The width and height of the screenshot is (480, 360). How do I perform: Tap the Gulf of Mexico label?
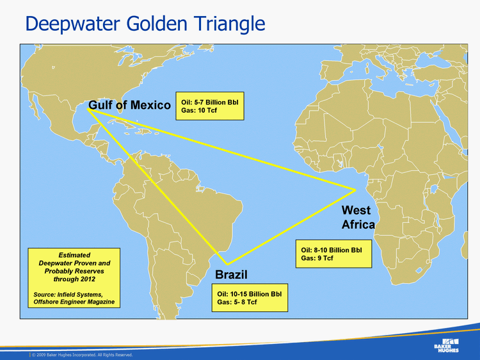tap(129, 105)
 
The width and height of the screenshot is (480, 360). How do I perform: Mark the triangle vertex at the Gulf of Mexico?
tap(88, 110)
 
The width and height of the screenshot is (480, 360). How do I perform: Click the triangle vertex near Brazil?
tap(227, 264)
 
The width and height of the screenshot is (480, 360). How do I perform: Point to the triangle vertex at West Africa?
tap(355, 189)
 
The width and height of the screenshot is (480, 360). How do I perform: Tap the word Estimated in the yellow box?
tap(74, 255)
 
